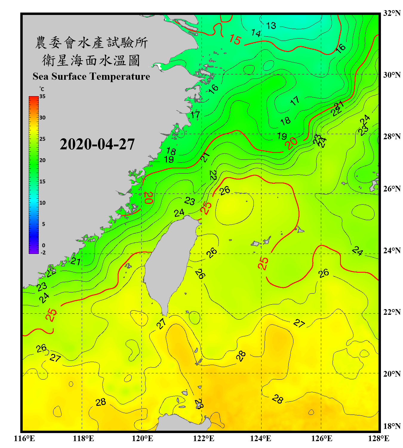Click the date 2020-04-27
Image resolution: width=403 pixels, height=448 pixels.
[x=97, y=144]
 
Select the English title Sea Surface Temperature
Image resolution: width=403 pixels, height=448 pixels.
[x=91, y=76]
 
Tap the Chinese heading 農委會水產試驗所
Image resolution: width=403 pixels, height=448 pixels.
[x=91, y=43]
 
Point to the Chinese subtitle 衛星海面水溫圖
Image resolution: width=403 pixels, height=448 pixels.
[x=91, y=60]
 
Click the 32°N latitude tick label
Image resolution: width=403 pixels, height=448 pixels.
[x=392, y=13]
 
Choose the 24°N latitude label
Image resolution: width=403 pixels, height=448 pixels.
[x=392, y=251]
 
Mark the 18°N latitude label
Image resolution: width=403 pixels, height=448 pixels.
[x=392, y=426]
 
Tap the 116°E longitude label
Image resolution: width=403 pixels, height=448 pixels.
[x=24, y=438]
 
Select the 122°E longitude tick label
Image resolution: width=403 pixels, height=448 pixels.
[x=204, y=438]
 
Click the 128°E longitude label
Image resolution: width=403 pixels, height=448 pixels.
[x=379, y=438]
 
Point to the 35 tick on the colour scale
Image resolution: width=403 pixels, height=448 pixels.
[x=42, y=96]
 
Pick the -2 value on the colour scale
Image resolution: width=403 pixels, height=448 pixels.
[x=43, y=253]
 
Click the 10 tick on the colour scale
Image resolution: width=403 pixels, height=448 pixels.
[x=42, y=203]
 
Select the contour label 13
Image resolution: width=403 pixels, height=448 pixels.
[x=271, y=26]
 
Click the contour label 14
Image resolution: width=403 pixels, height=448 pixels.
[x=256, y=33]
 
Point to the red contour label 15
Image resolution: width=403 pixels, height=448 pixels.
[x=235, y=39]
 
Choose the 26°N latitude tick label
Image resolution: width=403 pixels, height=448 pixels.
[x=392, y=189]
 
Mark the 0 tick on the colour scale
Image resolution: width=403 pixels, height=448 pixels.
[x=44, y=246]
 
